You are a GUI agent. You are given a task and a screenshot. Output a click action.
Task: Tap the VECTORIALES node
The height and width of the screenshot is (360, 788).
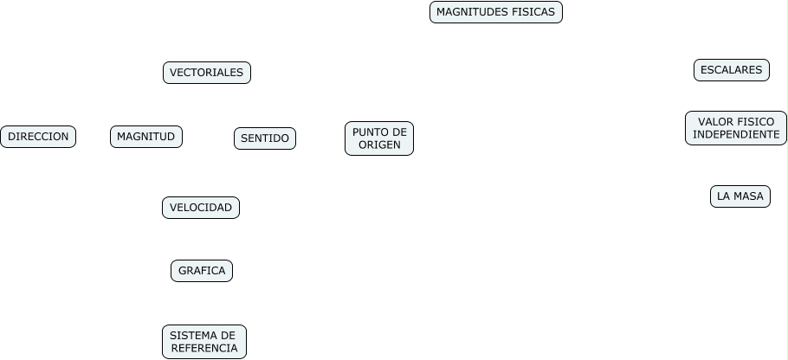pyautogui.click(x=206, y=73)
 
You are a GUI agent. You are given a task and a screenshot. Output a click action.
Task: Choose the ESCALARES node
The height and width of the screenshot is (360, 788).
pyautogui.click(x=731, y=70)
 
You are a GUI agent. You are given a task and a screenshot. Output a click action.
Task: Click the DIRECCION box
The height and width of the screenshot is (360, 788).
pyautogui.click(x=38, y=137)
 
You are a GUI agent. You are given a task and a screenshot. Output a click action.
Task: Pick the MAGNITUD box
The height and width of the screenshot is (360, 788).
pyautogui.click(x=145, y=137)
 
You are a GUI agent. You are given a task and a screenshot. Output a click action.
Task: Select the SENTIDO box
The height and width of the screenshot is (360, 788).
pyautogui.click(x=264, y=138)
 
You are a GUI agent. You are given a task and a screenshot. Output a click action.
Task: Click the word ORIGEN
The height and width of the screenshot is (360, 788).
pyautogui.click(x=379, y=145)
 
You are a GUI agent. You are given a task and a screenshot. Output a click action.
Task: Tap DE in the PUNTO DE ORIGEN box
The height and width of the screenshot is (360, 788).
pyautogui.click(x=398, y=132)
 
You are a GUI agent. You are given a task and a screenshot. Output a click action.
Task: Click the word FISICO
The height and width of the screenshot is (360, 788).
pyautogui.click(x=757, y=122)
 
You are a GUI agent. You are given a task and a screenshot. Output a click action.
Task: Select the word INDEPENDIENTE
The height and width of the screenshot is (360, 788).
pyautogui.click(x=736, y=135)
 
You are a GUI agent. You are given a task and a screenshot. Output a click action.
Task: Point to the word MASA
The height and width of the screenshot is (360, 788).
pyautogui.click(x=748, y=196)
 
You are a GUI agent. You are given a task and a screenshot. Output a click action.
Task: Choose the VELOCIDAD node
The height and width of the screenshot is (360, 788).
pyautogui.click(x=200, y=208)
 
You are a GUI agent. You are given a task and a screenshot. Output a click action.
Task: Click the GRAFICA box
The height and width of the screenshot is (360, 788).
pyautogui.click(x=201, y=271)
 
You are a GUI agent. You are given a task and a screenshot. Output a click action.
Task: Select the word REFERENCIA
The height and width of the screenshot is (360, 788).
pyautogui.click(x=204, y=349)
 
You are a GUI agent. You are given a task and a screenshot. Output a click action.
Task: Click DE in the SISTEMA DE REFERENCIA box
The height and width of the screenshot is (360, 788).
pyautogui.click(x=228, y=336)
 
